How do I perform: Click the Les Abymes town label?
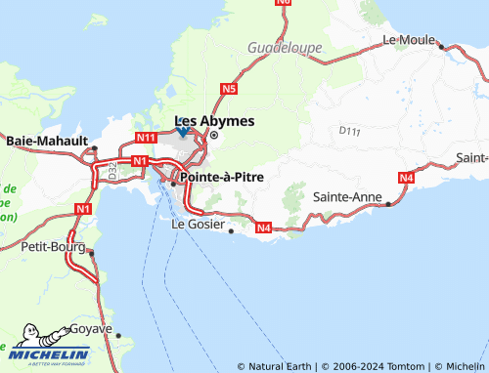point(214,121)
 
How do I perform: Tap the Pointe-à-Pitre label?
point(219,179)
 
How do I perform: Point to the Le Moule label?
point(408,40)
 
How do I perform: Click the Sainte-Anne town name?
point(347,196)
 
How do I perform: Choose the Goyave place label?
point(91,329)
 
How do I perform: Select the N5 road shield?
point(230,89)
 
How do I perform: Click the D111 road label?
point(349,129)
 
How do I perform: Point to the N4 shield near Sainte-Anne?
point(407,177)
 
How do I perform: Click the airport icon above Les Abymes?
point(183,131)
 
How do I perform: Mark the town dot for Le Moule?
point(442,46)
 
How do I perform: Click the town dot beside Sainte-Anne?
point(389,203)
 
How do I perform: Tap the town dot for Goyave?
point(118,335)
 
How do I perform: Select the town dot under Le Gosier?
point(231,231)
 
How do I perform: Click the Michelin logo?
point(39,355)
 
